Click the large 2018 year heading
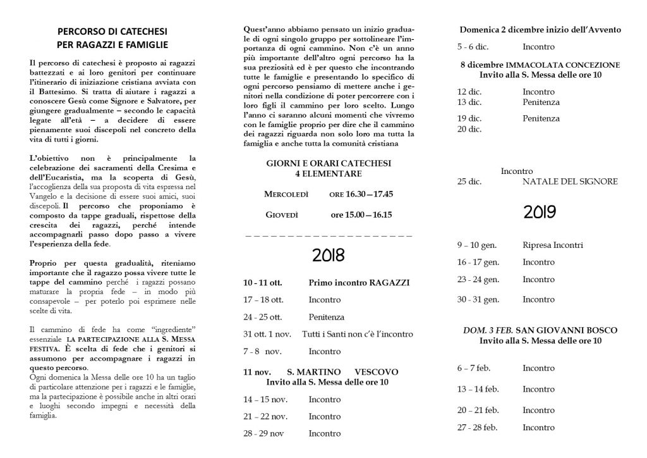pyautogui.click(x=328, y=256)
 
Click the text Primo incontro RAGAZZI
pyautogui.click(x=349, y=281)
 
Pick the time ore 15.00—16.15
pyautogui.click(x=361, y=214)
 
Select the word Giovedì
pyautogui.click(x=281, y=214)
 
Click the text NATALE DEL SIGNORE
pyautogui.click(x=570, y=182)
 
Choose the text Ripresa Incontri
pyautogui.click(x=553, y=245)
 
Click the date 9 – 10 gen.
pyautogui.click(x=478, y=245)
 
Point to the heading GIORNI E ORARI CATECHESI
pyautogui.click(x=328, y=163)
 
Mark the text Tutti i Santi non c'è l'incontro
pyautogui.click(x=357, y=333)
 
